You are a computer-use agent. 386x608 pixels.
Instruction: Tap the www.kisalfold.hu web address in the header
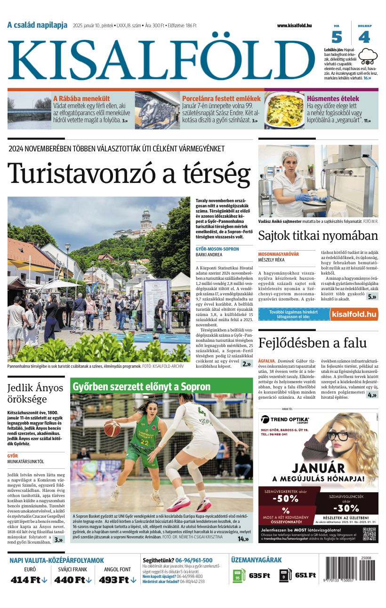click(x=294, y=25)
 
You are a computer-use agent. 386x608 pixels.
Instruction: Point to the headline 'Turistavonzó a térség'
click(x=129, y=173)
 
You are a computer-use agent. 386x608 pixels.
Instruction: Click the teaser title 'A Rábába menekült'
click(x=81, y=99)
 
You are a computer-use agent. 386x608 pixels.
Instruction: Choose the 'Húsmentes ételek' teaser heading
click(x=332, y=99)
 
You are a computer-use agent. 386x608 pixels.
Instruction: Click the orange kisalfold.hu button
click(x=354, y=314)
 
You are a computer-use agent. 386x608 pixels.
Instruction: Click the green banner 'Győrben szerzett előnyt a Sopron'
click(x=142, y=387)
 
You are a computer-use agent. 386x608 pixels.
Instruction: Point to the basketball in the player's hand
click(x=112, y=428)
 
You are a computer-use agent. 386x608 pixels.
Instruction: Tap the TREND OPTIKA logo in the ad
click(x=285, y=419)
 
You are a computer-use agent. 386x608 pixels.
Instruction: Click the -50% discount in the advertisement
click(x=285, y=498)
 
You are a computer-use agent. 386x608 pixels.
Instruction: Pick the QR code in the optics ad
click(x=369, y=534)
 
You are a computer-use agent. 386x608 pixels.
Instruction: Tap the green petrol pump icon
click(x=239, y=576)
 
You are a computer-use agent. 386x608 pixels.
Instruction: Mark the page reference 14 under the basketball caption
click(x=243, y=538)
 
